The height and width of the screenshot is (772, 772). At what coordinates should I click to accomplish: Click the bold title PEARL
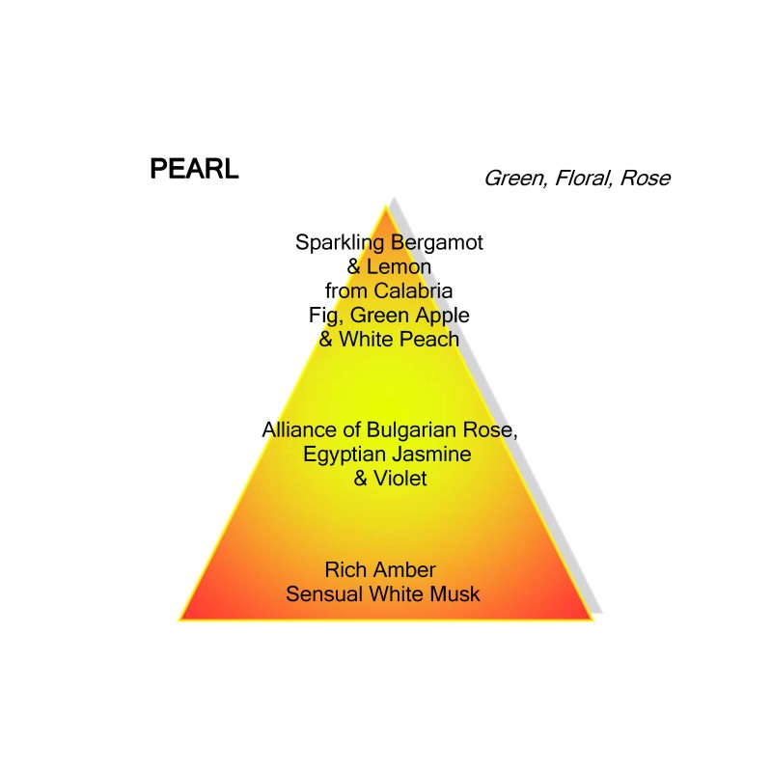click(x=194, y=169)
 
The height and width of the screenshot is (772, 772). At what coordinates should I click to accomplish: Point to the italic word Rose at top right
click(x=646, y=179)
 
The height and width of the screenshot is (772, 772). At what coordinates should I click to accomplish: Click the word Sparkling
click(x=340, y=243)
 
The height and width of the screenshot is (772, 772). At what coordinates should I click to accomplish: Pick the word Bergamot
click(x=437, y=243)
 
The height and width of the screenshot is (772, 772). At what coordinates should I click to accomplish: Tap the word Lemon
click(x=399, y=267)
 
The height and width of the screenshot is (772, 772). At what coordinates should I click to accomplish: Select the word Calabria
click(x=413, y=291)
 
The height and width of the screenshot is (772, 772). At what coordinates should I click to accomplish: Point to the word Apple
click(x=442, y=317)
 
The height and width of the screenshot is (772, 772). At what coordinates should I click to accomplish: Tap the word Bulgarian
click(x=412, y=430)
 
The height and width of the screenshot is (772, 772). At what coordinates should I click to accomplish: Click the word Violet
click(x=400, y=478)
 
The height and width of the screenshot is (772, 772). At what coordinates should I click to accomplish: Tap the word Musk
click(x=455, y=594)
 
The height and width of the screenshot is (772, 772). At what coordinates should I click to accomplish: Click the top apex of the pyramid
click(x=386, y=206)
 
